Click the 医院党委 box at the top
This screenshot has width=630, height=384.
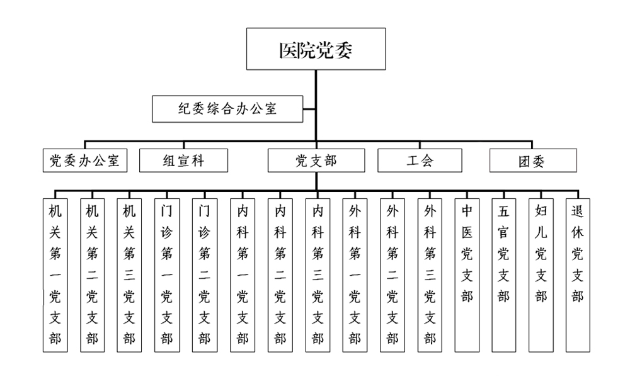click(316, 49)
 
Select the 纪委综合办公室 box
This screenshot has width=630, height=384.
click(227, 109)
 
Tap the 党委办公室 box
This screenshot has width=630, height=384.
click(84, 161)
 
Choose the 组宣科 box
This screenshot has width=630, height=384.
click(180, 161)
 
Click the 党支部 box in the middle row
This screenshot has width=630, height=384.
click(316, 161)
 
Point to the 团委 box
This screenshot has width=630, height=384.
click(533, 161)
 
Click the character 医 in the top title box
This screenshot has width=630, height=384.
click(288, 50)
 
